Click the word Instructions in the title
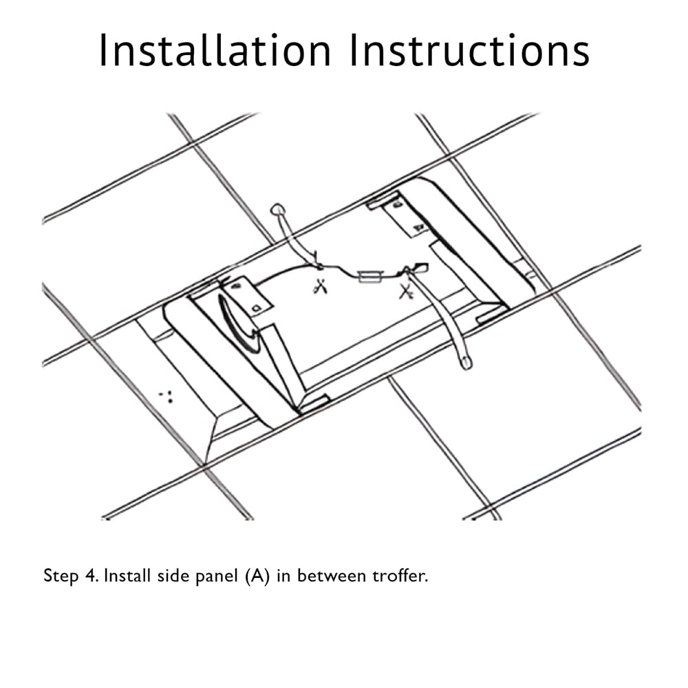pos(469,50)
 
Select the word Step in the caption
pos(61,576)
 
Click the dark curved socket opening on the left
pos(237,323)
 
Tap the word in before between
pos(285,575)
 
